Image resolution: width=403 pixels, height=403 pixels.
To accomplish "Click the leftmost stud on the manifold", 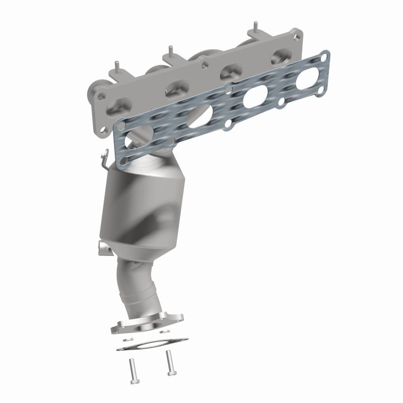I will point(117,65).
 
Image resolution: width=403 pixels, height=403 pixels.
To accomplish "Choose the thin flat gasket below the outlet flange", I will point(151,345).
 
